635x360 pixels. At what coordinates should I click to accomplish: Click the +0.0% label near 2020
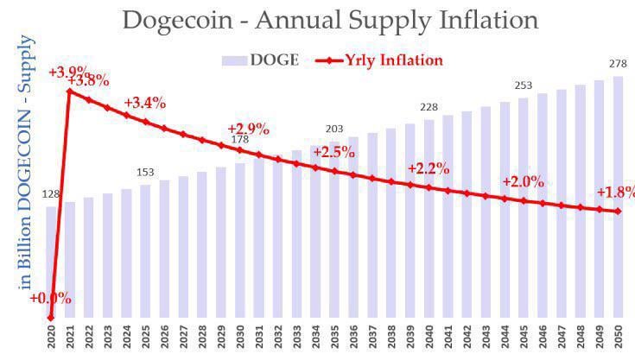[50, 299]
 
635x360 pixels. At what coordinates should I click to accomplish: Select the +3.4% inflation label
[144, 103]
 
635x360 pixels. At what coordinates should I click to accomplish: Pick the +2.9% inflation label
[249, 128]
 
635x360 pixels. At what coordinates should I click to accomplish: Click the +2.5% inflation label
[334, 152]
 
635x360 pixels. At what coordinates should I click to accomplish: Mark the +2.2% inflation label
[429, 168]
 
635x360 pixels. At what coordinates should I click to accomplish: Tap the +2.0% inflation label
[523, 182]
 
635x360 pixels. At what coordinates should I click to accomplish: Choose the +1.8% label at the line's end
[615, 192]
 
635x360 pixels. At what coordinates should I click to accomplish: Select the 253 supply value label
[523, 85]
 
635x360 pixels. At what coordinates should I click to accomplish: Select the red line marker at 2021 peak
[70, 91]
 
